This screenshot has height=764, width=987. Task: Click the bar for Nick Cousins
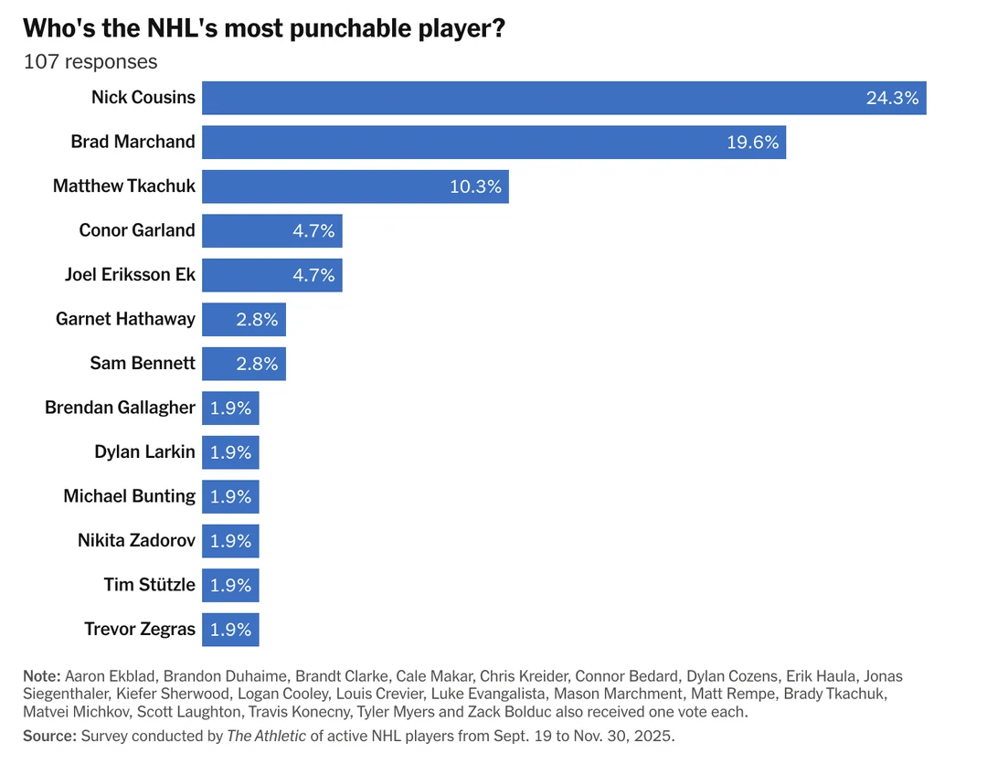tap(564, 98)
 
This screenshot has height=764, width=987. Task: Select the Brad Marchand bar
tap(493, 143)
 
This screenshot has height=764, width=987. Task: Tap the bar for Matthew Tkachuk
tap(355, 186)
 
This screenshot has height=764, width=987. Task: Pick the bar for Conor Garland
tap(271, 230)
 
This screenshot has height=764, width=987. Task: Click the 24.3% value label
tap(892, 98)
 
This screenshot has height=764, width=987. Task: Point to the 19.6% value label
tap(752, 143)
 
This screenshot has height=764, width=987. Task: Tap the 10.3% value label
tap(475, 186)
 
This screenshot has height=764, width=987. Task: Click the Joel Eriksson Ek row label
tap(130, 275)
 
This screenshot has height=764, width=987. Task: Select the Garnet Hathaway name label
tap(125, 319)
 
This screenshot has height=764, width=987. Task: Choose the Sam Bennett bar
tap(243, 364)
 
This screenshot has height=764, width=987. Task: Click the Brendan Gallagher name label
tap(120, 408)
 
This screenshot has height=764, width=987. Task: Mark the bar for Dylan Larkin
tap(230, 452)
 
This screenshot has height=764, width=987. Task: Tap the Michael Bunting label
tap(129, 496)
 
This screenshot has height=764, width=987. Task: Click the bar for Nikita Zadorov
tap(230, 541)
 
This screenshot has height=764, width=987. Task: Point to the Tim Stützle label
tap(149, 585)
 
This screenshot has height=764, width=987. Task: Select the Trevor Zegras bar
tap(230, 630)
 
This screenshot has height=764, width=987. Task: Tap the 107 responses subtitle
tap(90, 62)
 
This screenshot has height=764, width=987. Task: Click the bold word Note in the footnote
tap(41, 676)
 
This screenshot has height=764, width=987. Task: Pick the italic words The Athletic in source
tap(266, 736)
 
